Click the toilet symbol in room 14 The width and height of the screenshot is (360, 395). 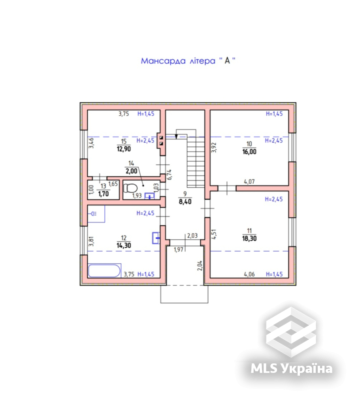pos(130,188)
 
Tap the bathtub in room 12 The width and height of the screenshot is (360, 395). pos(104,271)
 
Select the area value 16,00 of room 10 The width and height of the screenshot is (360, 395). pos(249,152)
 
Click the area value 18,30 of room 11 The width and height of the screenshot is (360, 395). pos(249,238)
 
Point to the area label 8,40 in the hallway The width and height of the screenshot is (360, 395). pos(185,201)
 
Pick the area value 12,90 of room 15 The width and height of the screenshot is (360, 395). pos(124,149)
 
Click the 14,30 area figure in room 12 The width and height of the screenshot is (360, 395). pos(124,245)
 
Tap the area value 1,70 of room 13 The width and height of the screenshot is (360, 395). pos(104,194)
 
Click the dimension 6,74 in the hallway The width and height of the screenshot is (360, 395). pos(170,174)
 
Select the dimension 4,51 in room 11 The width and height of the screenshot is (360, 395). pos(214,234)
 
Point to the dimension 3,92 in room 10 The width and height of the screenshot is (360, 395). pos(214,148)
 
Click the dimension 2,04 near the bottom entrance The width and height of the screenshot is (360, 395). pos(200,266)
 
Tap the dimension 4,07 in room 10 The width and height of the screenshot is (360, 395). pos(249,181)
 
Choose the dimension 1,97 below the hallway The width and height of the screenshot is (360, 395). pos(179,250)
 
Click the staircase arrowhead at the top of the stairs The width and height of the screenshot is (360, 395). pos(176,137)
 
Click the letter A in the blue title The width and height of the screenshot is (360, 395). pos(227,60)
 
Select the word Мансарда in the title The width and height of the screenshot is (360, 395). pos(163,61)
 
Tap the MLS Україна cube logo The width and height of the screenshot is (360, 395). pos(291,332)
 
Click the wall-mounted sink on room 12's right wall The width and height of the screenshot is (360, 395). pos(156,238)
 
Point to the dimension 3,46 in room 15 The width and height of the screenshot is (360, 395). pos(91,143)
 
